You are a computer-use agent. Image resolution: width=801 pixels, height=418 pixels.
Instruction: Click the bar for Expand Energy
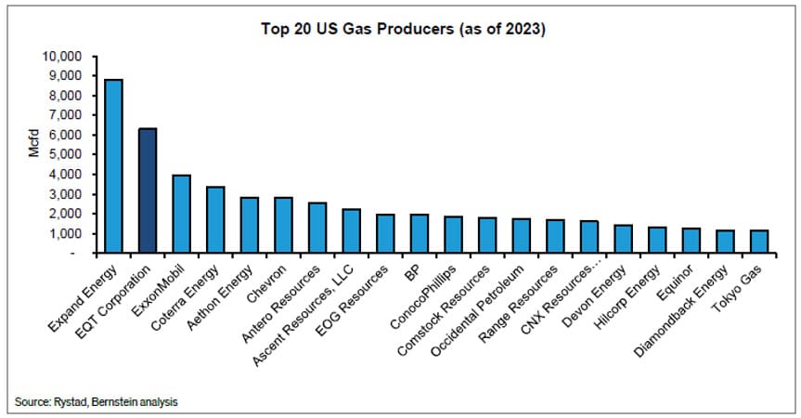113,166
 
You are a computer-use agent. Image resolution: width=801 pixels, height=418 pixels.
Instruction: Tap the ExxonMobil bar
182,214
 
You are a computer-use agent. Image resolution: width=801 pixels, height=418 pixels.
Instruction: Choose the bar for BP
420,234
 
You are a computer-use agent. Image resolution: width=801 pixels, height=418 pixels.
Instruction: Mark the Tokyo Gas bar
759,242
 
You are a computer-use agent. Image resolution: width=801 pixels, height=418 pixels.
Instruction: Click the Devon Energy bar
624,239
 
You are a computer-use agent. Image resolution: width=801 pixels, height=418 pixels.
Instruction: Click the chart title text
402,29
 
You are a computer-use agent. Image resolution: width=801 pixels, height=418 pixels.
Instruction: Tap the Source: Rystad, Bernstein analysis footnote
97,401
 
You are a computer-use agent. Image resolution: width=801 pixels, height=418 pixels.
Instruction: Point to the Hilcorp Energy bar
657,240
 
